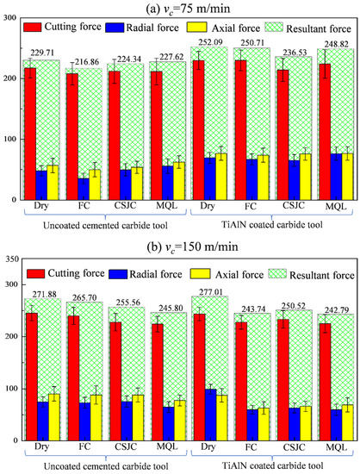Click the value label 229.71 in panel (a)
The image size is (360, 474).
[41, 53]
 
